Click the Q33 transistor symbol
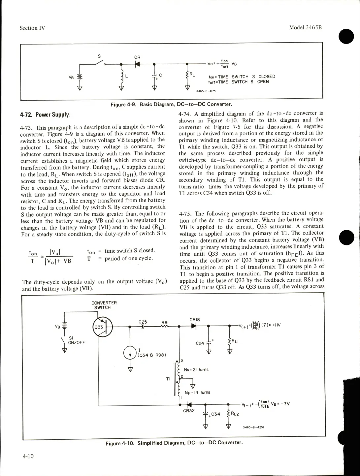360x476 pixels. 103,327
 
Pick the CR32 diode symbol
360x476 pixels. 189,404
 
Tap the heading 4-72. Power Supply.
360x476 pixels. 45,115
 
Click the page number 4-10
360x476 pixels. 28,456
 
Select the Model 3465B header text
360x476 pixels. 305,27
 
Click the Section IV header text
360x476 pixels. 32,28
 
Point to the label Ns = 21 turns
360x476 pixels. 196,369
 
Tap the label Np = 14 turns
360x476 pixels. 197,393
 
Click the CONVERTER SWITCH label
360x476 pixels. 104,305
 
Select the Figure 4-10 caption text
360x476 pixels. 174,443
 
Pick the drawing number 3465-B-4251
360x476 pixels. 253,427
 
